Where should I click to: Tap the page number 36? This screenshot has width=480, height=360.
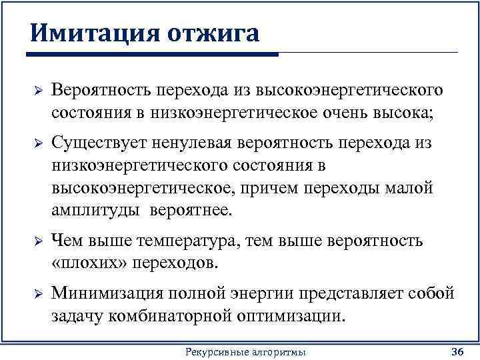(x=457, y=351)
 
